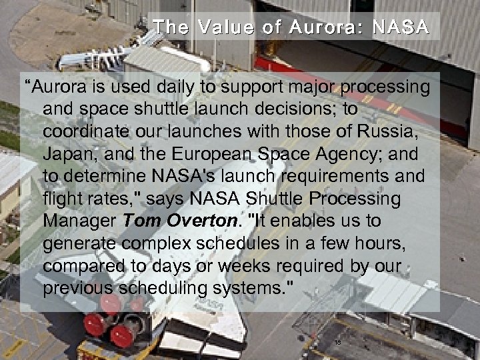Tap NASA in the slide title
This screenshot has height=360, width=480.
pyautogui.click(x=401, y=27)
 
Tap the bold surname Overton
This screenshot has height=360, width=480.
pyautogui.click(x=203, y=221)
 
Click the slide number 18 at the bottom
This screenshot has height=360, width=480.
pyautogui.click(x=337, y=343)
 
